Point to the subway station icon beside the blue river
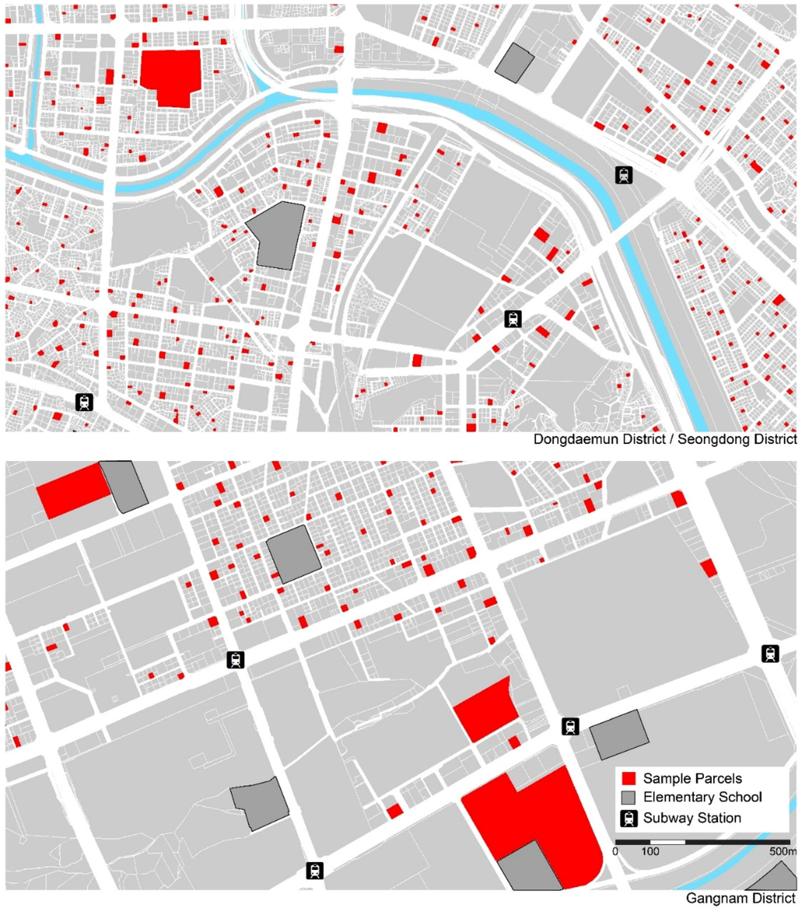point(623,175)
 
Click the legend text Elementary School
point(702,798)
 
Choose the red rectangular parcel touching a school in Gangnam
point(72,490)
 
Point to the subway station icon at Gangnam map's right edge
point(771,654)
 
